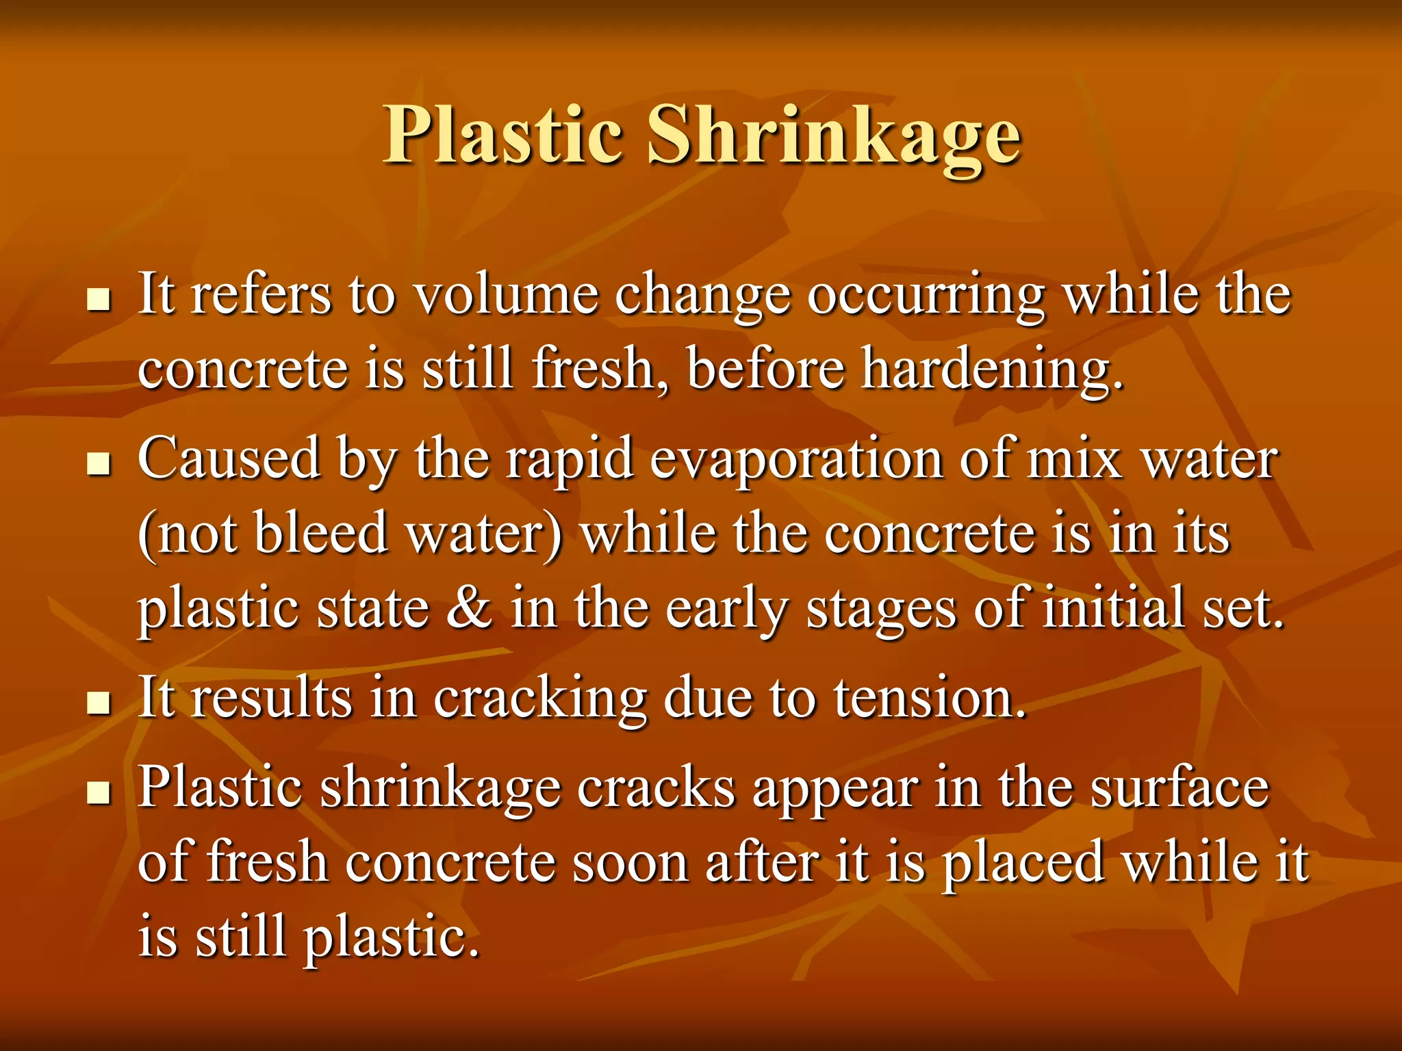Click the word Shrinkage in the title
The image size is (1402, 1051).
[834, 135]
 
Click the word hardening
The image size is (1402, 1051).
[991, 370]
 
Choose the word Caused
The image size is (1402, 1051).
[229, 459]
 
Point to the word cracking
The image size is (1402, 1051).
[540, 699]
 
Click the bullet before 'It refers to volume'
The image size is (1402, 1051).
[99, 300]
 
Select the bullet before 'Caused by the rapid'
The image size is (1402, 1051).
[99, 464]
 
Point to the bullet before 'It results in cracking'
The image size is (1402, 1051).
[99, 702]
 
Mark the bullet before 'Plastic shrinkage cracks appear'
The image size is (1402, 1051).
[99, 792]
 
